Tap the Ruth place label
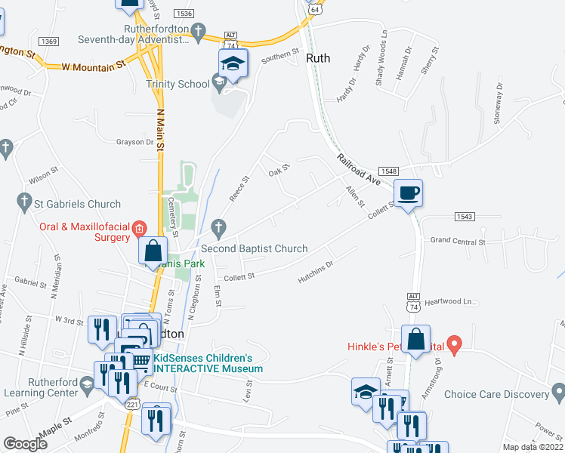tap(318, 57)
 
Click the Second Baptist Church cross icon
tap(219, 226)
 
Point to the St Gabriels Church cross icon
tap(23, 202)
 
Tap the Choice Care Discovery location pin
tap(557, 392)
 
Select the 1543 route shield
tap(465, 217)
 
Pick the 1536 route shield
tap(183, 14)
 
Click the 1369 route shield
tap(49, 42)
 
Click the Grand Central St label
tap(457, 242)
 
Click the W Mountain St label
tap(93, 67)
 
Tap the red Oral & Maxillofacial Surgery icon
tap(139, 227)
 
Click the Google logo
tap(25, 444)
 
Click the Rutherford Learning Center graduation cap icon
tap(88, 384)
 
